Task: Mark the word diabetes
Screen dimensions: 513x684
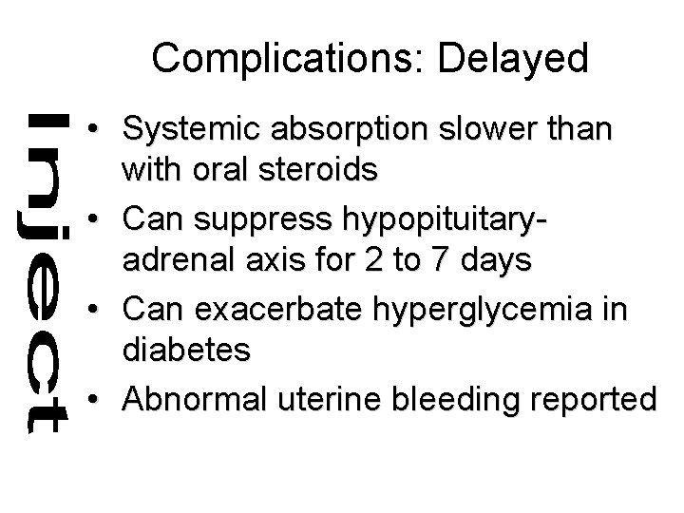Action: [x=186, y=351]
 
